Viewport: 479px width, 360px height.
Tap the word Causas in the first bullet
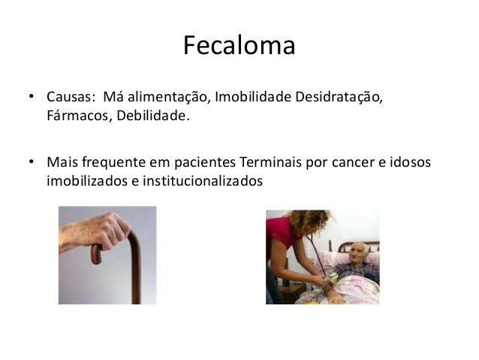point(68,98)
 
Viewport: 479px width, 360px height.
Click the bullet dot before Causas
point(32,98)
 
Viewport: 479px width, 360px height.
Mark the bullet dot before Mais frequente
point(32,162)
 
